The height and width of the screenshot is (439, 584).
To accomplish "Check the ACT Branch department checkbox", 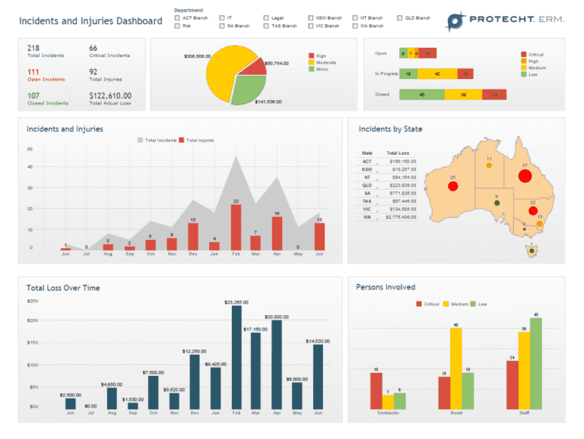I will pyautogui.click(x=177, y=17).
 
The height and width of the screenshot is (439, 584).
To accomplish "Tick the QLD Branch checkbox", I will pyautogui.click(x=400, y=17).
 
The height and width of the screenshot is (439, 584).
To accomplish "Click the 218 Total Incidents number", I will pyautogui.click(x=33, y=48).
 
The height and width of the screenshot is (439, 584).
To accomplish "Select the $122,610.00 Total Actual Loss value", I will pyautogui.click(x=110, y=96).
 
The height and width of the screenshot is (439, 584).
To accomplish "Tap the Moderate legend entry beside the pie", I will pyautogui.click(x=326, y=62).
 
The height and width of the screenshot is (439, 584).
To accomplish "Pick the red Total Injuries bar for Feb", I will pyautogui.click(x=236, y=227).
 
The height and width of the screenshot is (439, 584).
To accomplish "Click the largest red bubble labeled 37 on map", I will pyautogui.click(x=525, y=177).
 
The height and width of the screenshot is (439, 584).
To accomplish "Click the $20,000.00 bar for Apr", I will pyautogui.click(x=277, y=365).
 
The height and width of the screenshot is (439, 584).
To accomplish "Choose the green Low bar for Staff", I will pyautogui.click(x=536, y=364).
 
